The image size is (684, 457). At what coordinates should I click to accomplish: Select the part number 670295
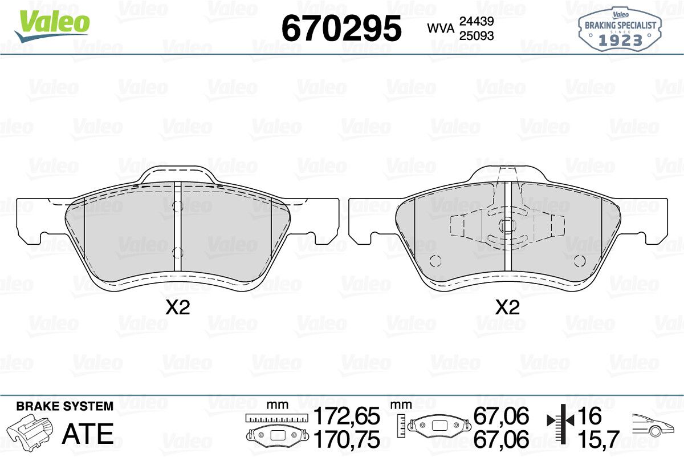[x=341, y=28]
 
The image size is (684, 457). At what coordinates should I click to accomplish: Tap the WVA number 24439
[x=477, y=21]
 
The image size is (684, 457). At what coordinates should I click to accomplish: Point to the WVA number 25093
[x=477, y=36]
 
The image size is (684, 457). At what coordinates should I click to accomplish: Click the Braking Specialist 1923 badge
[x=620, y=30]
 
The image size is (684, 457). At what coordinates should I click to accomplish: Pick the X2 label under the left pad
[x=178, y=308]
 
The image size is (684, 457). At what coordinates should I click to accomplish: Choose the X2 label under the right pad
[x=507, y=308]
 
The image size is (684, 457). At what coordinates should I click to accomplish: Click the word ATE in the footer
[x=88, y=434]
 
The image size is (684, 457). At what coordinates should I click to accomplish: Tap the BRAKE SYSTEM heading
[x=65, y=406]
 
